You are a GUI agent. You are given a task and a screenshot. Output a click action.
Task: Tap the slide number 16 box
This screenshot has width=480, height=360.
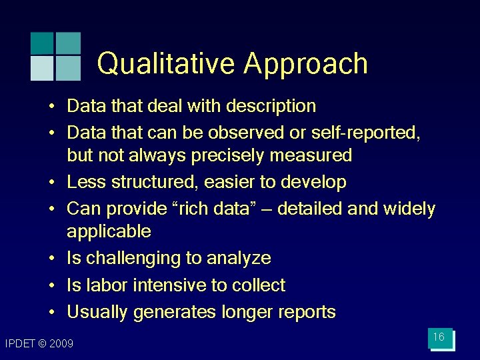click(x=439, y=338)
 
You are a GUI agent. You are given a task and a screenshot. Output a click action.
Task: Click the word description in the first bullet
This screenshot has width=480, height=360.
click(x=271, y=106)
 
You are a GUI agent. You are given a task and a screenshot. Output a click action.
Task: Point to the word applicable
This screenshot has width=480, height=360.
click(x=109, y=232)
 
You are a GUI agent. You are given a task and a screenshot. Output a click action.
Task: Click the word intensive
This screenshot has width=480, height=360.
click(x=170, y=285)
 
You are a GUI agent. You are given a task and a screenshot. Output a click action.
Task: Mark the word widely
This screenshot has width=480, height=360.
click(x=409, y=209)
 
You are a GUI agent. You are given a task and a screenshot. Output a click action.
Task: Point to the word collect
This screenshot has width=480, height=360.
click(x=259, y=285)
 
